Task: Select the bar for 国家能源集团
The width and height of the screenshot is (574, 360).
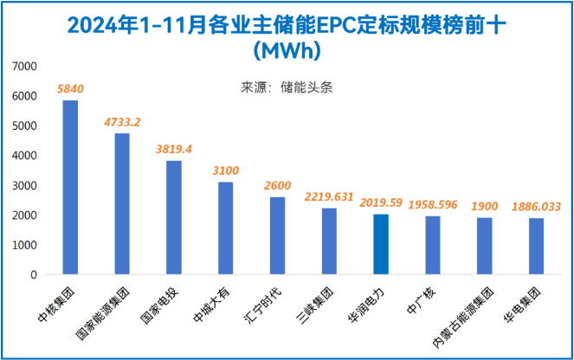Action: tap(122, 204)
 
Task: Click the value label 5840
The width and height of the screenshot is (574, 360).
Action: tap(70, 89)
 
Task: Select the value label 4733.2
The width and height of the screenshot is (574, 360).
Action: tap(122, 122)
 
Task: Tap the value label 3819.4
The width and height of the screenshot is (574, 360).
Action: tap(173, 149)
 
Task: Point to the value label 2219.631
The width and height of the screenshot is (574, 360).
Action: tap(329, 196)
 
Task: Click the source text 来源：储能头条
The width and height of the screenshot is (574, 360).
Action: tap(286, 87)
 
